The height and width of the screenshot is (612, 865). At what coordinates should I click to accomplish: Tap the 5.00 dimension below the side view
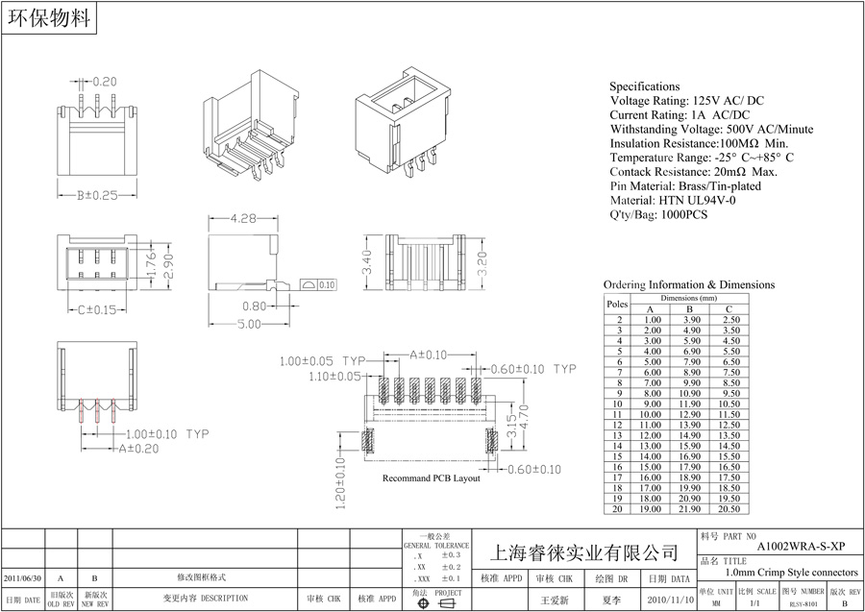[248, 325]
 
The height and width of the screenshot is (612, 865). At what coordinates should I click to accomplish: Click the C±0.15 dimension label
[95, 309]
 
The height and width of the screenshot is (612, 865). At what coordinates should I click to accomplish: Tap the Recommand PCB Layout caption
[431, 477]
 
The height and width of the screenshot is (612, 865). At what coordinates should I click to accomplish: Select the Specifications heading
[644, 86]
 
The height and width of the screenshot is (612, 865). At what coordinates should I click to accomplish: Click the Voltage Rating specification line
[686, 101]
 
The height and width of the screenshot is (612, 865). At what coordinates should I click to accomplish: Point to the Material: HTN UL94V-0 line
[673, 201]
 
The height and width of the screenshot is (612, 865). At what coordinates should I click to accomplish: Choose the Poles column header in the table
[616, 304]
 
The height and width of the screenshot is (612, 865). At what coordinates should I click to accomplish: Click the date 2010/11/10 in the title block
[669, 599]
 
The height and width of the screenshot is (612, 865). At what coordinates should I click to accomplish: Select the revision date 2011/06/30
[23, 578]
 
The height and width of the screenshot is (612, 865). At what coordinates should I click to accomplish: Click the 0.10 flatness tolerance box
[326, 285]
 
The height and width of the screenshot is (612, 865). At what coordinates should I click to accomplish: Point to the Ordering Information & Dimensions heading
[688, 285]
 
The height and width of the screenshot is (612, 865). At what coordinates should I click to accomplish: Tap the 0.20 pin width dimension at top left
[103, 82]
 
